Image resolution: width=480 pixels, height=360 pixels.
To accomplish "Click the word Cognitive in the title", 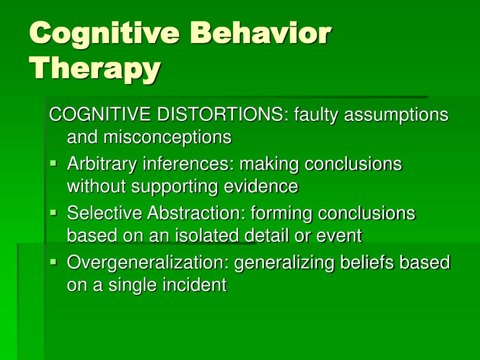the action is [105, 34].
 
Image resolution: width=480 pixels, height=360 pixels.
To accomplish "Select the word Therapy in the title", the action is [95, 68].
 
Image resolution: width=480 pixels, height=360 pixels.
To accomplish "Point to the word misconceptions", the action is [167, 136].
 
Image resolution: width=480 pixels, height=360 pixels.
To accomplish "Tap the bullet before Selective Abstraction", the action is [53, 212].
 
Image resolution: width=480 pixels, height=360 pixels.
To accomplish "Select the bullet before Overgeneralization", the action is [53, 262].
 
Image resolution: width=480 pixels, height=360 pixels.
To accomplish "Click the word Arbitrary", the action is [102, 165].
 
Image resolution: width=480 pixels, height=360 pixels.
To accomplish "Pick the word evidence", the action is [261, 186].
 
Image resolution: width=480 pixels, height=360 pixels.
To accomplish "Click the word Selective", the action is [105, 213].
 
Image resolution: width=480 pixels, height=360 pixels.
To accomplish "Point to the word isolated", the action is [207, 235].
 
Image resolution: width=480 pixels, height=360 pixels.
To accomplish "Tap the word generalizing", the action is [285, 263].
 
